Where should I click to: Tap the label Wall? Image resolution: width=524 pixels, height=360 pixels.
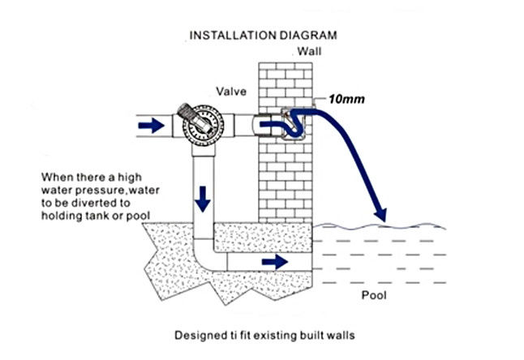pos(309,51)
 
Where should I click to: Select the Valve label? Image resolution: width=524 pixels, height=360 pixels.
pos(232,91)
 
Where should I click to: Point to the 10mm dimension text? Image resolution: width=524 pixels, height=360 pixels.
pos(345,100)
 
